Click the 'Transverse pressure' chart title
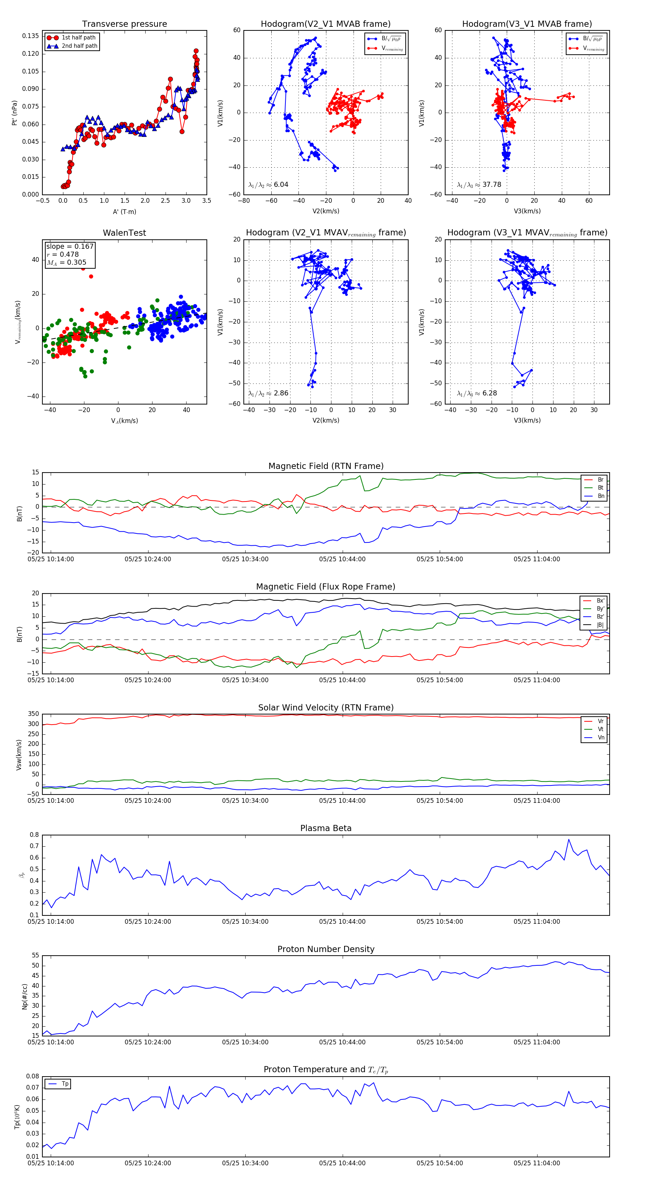click(124, 24)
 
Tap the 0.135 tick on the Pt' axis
click(31, 36)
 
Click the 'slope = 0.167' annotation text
click(70, 246)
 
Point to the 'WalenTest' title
click(124, 233)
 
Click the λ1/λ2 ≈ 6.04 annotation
click(268, 185)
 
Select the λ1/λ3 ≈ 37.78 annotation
click(479, 185)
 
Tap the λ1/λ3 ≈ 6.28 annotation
click(477, 393)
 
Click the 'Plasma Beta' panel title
click(326, 828)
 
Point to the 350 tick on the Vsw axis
click(33, 714)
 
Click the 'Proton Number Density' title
click(326, 949)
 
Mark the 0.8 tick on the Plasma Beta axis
click(34, 835)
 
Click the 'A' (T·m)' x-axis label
click(124, 211)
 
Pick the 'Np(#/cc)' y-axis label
click(25, 997)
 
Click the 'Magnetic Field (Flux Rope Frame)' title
click(326, 587)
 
